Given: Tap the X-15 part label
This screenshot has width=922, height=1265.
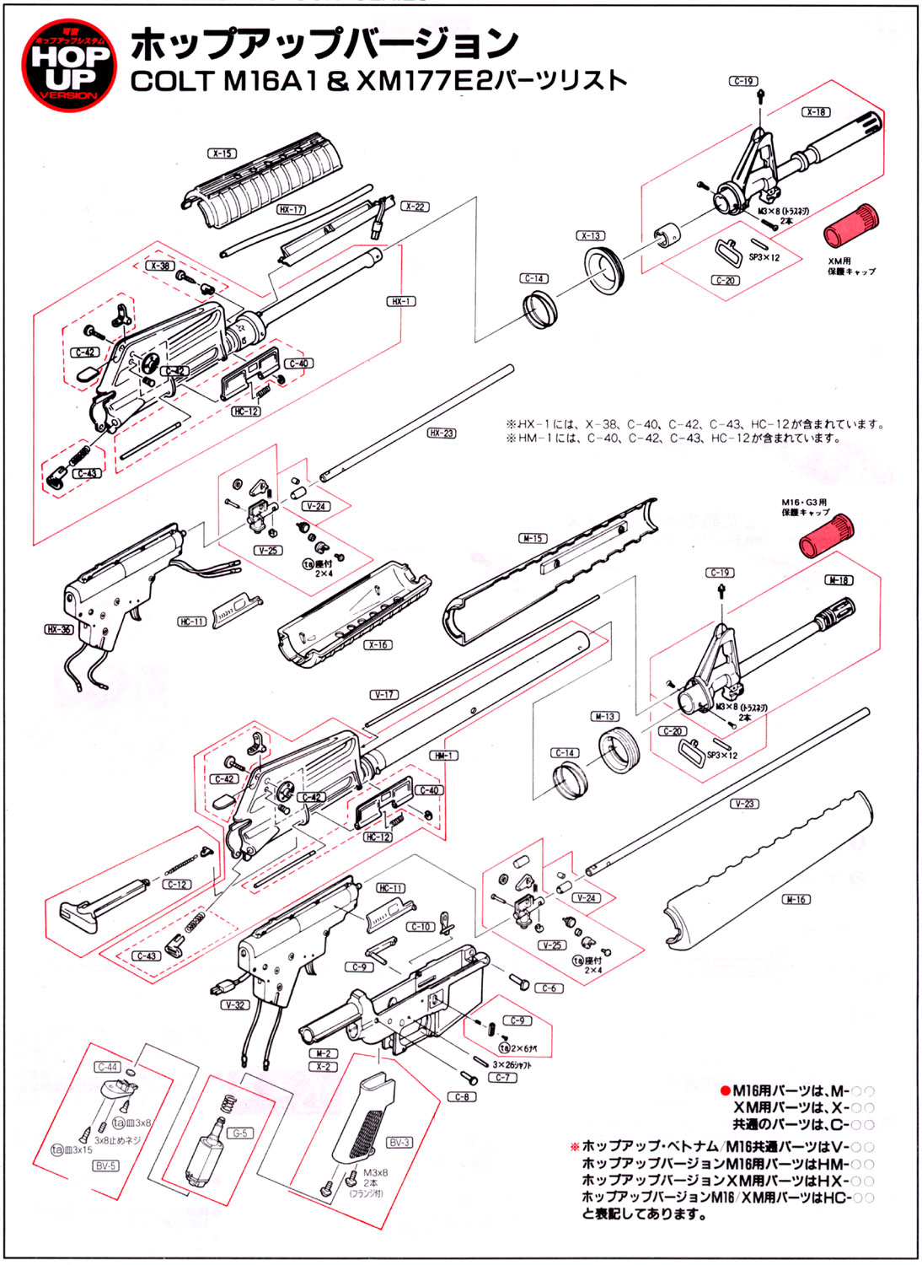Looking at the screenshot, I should (x=222, y=153).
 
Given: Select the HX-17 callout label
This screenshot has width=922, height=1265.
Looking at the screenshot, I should (x=292, y=209).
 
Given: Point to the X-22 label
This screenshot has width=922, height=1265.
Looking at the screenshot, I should (x=415, y=207).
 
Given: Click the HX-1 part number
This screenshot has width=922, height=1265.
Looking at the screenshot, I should (x=401, y=301).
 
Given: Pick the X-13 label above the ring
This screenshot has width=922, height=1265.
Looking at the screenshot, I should (x=591, y=236).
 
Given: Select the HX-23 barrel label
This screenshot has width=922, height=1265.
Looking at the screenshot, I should (x=442, y=433).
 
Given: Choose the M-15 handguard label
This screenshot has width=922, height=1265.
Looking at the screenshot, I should (x=533, y=538).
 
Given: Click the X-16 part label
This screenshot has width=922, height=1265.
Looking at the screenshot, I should (x=378, y=645).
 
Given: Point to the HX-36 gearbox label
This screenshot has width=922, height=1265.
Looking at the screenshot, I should (x=59, y=629).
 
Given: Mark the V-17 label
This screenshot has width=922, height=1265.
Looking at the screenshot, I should (x=383, y=695).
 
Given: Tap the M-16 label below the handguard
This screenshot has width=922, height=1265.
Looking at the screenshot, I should (x=796, y=900).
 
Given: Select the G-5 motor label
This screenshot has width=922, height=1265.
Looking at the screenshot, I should (x=240, y=1133).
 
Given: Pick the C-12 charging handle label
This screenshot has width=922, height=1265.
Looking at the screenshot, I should (x=177, y=885).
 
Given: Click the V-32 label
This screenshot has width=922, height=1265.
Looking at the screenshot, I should (x=235, y=1005).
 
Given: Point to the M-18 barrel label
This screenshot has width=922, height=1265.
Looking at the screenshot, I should (x=839, y=580).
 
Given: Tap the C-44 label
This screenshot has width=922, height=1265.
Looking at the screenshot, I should (x=108, y=1068).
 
